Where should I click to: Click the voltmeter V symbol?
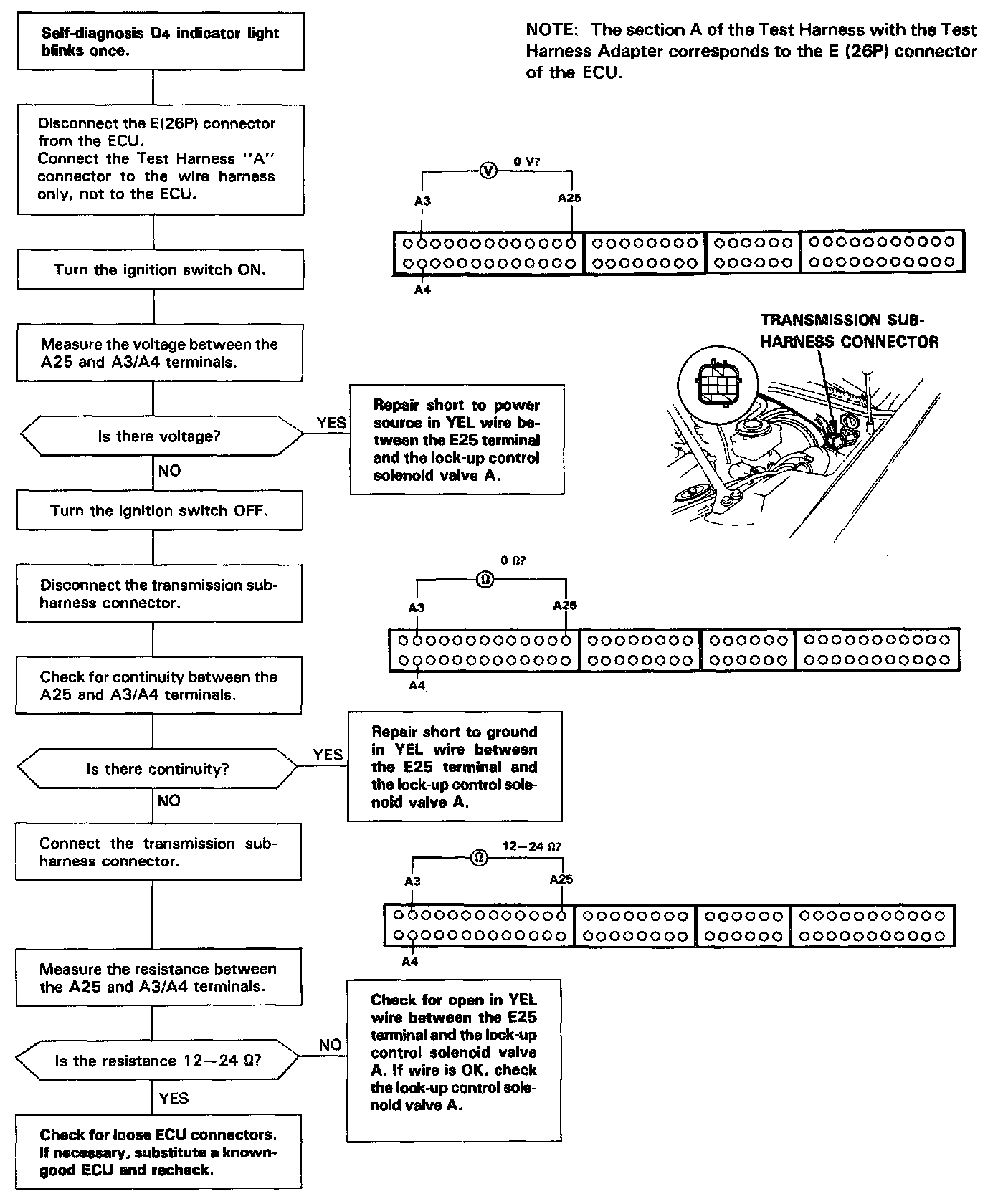[488, 171]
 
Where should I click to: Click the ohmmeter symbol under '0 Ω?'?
[485, 579]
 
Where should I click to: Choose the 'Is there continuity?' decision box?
[158, 769]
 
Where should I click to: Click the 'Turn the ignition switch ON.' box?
[160, 269]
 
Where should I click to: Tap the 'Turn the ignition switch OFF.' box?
[159, 510]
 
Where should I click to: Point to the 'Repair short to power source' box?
[457, 439]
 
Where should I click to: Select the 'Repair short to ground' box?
[455, 766]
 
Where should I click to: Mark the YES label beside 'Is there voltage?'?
[331, 423]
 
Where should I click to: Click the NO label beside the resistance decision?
[330, 1045]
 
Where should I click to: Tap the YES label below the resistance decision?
[173, 1098]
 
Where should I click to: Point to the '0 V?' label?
[527, 162]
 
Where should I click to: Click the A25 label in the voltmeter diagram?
[569, 198]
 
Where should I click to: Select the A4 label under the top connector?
[422, 290]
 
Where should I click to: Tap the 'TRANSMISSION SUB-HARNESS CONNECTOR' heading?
[849, 331]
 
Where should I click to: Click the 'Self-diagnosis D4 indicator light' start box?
[161, 42]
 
